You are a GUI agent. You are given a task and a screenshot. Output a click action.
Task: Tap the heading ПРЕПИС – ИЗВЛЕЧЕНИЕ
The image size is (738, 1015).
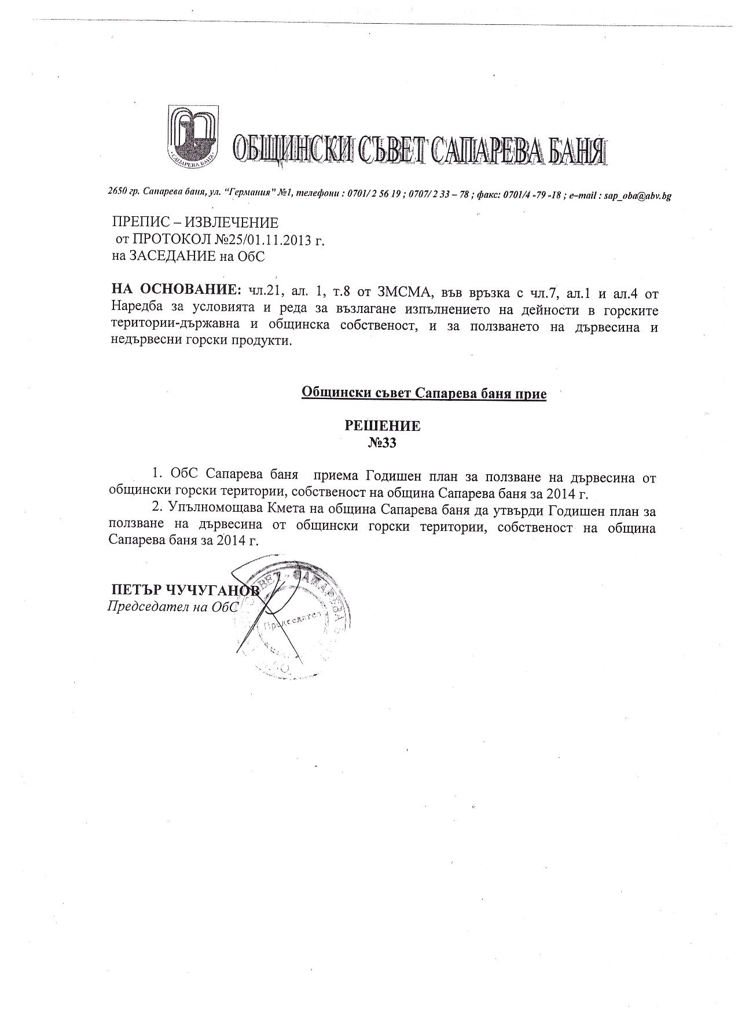pyautogui.click(x=195, y=223)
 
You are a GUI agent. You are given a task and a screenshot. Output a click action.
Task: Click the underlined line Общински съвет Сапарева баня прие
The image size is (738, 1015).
pyautogui.click(x=424, y=394)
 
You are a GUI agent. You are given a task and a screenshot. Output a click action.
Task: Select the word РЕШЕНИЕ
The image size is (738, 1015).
pyautogui.click(x=383, y=426)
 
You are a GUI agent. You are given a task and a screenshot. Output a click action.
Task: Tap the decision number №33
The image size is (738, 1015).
pyautogui.click(x=383, y=443)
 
